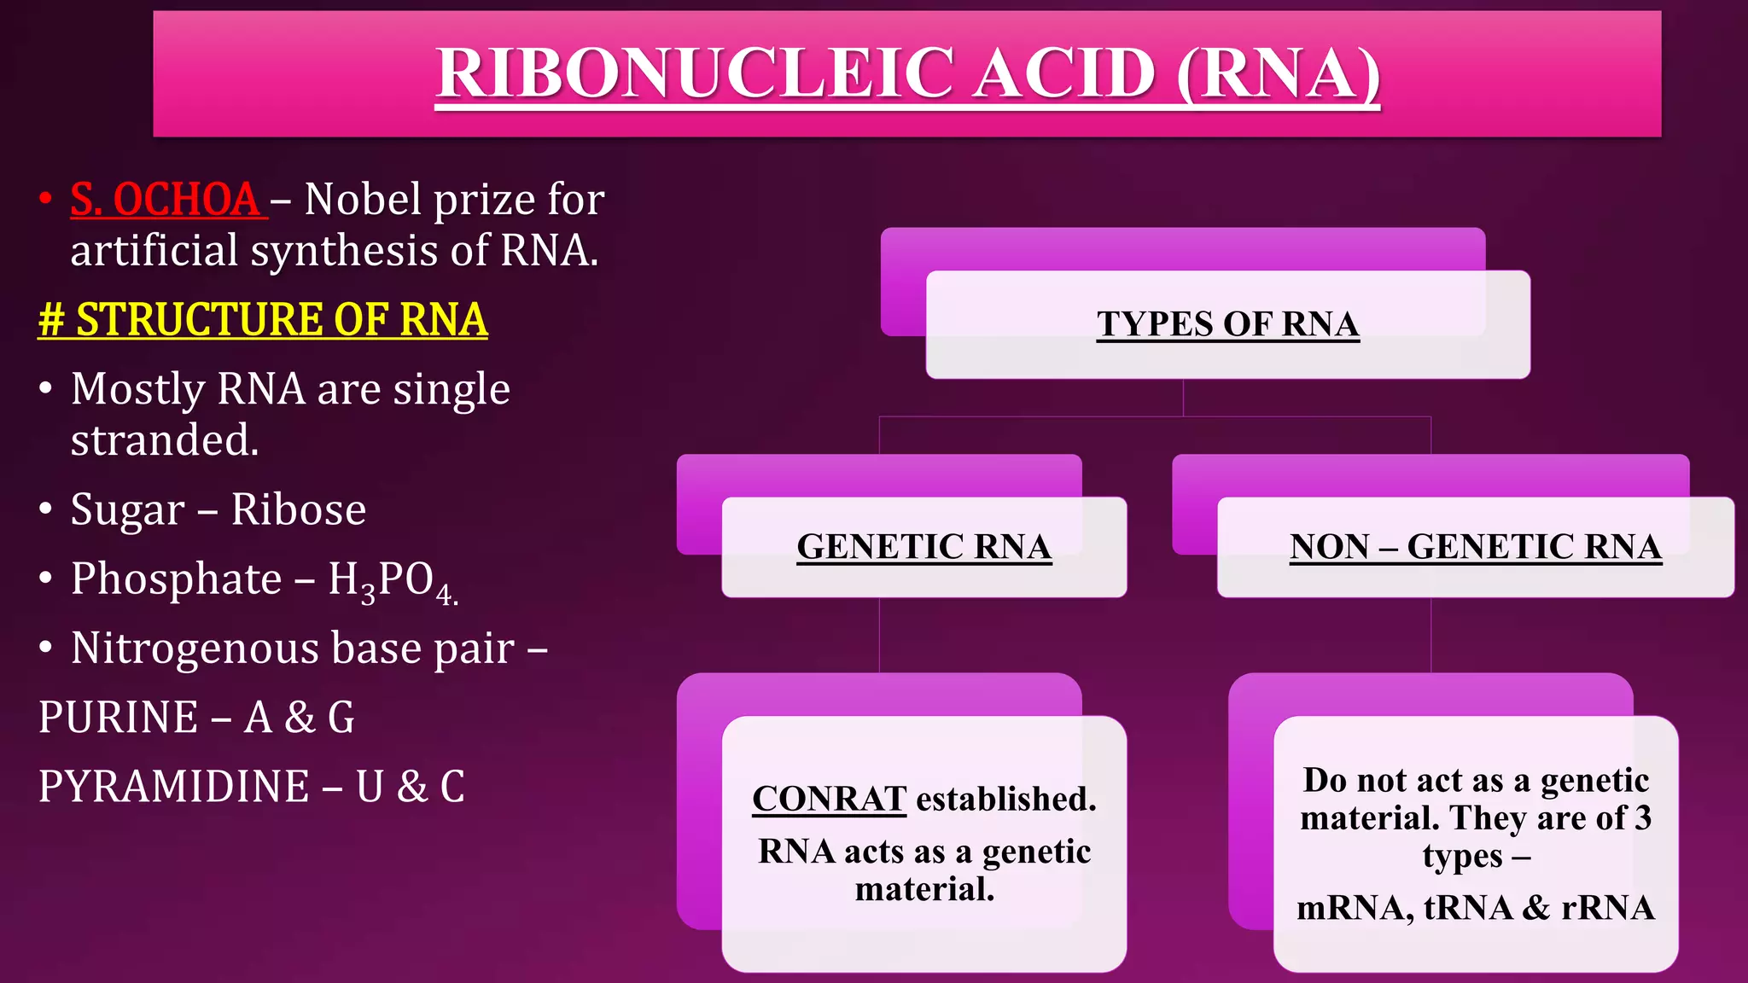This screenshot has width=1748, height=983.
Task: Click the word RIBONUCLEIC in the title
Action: [695, 73]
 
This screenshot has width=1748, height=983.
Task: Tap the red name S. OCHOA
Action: [166, 200]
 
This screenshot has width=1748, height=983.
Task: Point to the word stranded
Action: [164, 440]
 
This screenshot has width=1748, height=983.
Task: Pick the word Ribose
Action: [298, 509]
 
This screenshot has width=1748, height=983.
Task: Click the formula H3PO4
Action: [392, 580]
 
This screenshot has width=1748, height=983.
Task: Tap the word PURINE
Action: [119, 717]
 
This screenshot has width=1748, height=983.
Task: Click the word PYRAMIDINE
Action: [173, 786]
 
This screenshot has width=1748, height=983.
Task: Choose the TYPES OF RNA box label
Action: [1227, 324]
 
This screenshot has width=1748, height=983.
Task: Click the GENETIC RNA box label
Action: [924, 547]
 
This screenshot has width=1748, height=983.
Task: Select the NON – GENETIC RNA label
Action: [1475, 547]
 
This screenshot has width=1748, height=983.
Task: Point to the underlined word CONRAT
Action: [828, 799]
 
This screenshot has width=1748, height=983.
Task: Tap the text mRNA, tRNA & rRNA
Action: [1475, 907]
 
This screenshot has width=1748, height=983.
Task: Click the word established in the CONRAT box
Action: [1005, 799]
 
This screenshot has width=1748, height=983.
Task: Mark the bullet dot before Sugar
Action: [46, 509]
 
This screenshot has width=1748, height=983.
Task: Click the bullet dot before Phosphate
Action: [46, 579]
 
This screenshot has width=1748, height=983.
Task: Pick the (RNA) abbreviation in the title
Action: [1277, 73]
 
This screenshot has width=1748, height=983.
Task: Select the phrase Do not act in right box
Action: [1383, 780]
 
